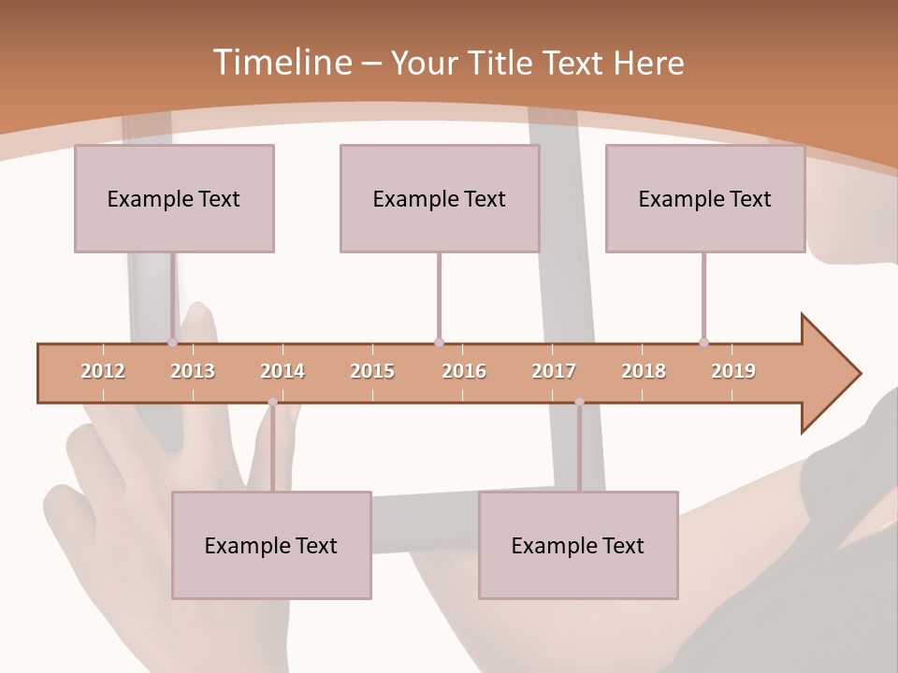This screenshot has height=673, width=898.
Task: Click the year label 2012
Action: pyautogui.click(x=103, y=371)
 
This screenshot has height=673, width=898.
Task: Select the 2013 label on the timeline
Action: pyautogui.click(x=193, y=371)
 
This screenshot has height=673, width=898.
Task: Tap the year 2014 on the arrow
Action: pyautogui.click(x=282, y=371)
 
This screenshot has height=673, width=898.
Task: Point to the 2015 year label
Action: pyautogui.click(x=372, y=371)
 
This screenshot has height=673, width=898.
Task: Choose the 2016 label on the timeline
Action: pyautogui.click(x=464, y=371)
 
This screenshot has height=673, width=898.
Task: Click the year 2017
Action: pyautogui.click(x=554, y=371)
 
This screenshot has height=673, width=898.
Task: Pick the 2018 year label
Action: pyautogui.click(x=644, y=371)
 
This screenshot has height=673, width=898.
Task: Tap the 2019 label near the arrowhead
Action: pyautogui.click(x=733, y=371)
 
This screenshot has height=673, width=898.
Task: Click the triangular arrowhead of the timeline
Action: pyautogui.click(x=828, y=374)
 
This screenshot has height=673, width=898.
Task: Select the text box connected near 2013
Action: pyautogui.click(x=174, y=198)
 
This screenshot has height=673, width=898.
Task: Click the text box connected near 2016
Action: pyautogui.click(x=440, y=198)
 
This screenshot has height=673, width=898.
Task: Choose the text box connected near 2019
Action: pyautogui.click(x=705, y=198)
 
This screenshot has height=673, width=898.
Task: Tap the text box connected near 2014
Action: pyautogui.click(x=271, y=545)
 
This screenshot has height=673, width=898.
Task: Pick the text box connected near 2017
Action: pyautogui.click(x=578, y=545)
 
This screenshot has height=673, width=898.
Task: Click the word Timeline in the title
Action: pyautogui.click(x=281, y=63)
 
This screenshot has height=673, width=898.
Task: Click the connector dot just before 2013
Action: pyautogui.click(x=173, y=342)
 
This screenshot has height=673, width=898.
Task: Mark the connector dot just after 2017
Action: pyautogui.click(x=579, y=402)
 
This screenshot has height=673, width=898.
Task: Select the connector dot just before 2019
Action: pyautogui.click(x=703, y=342)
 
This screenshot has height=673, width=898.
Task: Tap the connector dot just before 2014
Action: pyautogui.click(x=272, y=402)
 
